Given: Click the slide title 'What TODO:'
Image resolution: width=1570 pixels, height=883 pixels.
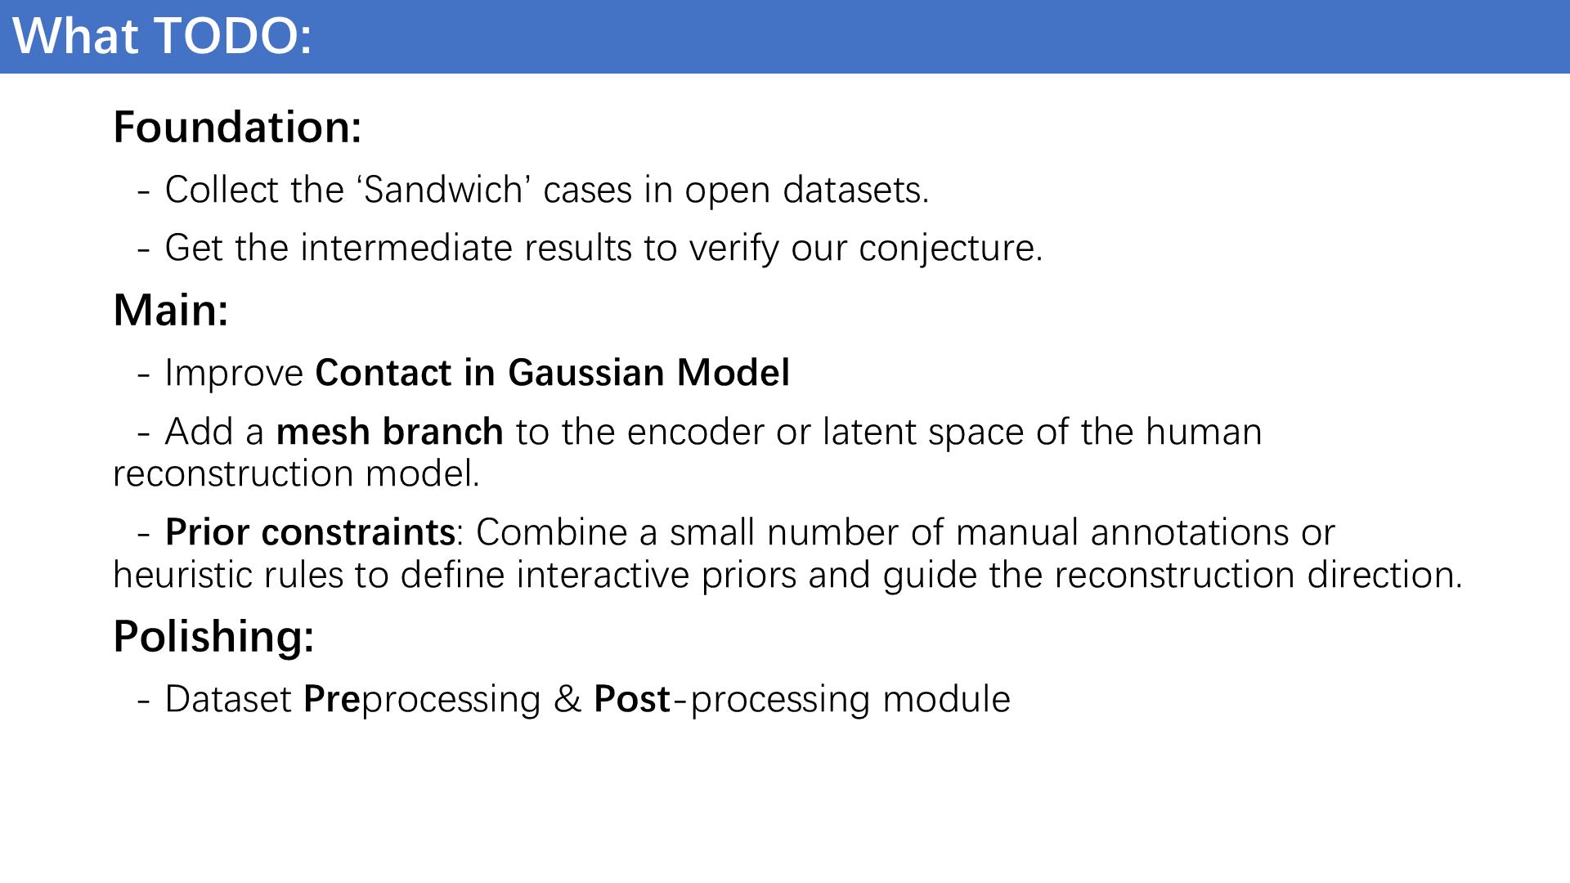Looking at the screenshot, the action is [162, 37].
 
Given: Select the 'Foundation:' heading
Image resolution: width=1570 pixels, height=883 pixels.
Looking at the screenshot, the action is [237, 128].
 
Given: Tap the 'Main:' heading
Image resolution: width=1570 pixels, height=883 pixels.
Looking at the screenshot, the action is [171, 311].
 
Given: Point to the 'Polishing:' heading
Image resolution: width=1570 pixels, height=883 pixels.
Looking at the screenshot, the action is [213, 637].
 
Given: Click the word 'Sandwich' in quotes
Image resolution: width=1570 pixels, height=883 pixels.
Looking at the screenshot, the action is [443, 190].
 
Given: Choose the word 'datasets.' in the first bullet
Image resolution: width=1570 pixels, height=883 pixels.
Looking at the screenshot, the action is [856, 190].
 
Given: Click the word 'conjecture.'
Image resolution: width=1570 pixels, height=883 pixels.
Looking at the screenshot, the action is [951, 249].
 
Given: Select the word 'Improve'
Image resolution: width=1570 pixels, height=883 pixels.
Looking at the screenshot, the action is [234, 374].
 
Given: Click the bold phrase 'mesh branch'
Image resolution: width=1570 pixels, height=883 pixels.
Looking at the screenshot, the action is [389, 432].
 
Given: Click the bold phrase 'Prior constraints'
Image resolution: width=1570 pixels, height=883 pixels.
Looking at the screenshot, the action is [310, 532].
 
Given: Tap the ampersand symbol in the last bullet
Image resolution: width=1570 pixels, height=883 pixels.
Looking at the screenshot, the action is [567, 700].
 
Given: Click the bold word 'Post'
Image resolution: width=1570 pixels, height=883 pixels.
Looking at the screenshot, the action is [632, 699].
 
